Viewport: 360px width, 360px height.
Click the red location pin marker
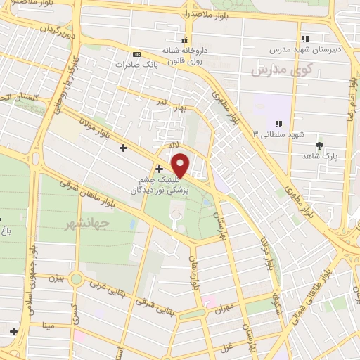point(181,165)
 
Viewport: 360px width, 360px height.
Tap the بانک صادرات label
point(135,63)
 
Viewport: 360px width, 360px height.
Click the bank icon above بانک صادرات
point(136,53)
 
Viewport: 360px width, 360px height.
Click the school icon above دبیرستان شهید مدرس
point(304,39)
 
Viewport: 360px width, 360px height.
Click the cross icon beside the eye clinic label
point(160,169)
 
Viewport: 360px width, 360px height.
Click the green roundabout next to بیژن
point(76,279)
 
